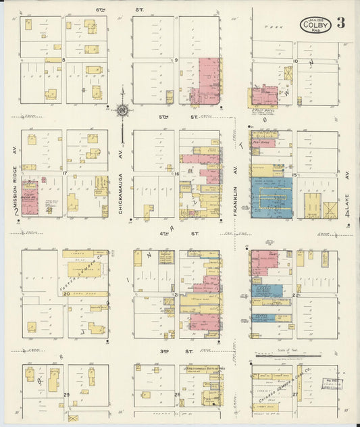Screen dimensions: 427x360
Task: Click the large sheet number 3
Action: coord(340,23)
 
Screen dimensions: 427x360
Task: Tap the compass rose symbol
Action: coord(122,109)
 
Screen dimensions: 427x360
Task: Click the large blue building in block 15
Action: coord(272,197)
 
